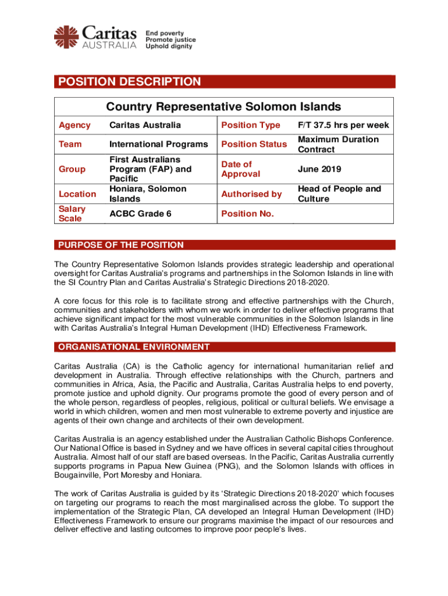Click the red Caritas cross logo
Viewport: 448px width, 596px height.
[x=66, y=37]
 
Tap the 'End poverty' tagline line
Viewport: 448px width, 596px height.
[x=165, y=33]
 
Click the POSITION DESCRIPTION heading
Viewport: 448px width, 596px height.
[x=129, y=82]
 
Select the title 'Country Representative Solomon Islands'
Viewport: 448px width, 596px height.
[x=223, y=107]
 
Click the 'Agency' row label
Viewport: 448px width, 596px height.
[x=75, y=125]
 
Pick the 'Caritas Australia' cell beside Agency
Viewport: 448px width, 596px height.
[x=145, y=125]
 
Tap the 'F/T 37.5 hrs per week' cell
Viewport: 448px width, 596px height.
[x=343, y=125]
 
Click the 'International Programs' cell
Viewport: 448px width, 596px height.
[x=158, y=144]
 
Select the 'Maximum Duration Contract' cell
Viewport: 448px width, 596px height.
[x=338, y=144]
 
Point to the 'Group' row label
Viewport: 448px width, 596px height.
[x=72, y=169]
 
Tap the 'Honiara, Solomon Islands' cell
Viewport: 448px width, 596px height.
[x=148, y=194]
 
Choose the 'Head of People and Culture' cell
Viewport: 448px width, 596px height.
[x=339, y=194]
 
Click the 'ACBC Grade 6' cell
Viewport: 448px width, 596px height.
[x=140, y=214]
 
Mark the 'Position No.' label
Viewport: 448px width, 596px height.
[x=247, y=214]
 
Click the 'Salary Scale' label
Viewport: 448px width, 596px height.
[x=73, y=214]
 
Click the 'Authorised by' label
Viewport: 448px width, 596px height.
[x=251, y=194]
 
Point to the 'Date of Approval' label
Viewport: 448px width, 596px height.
[x=241, y=169]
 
